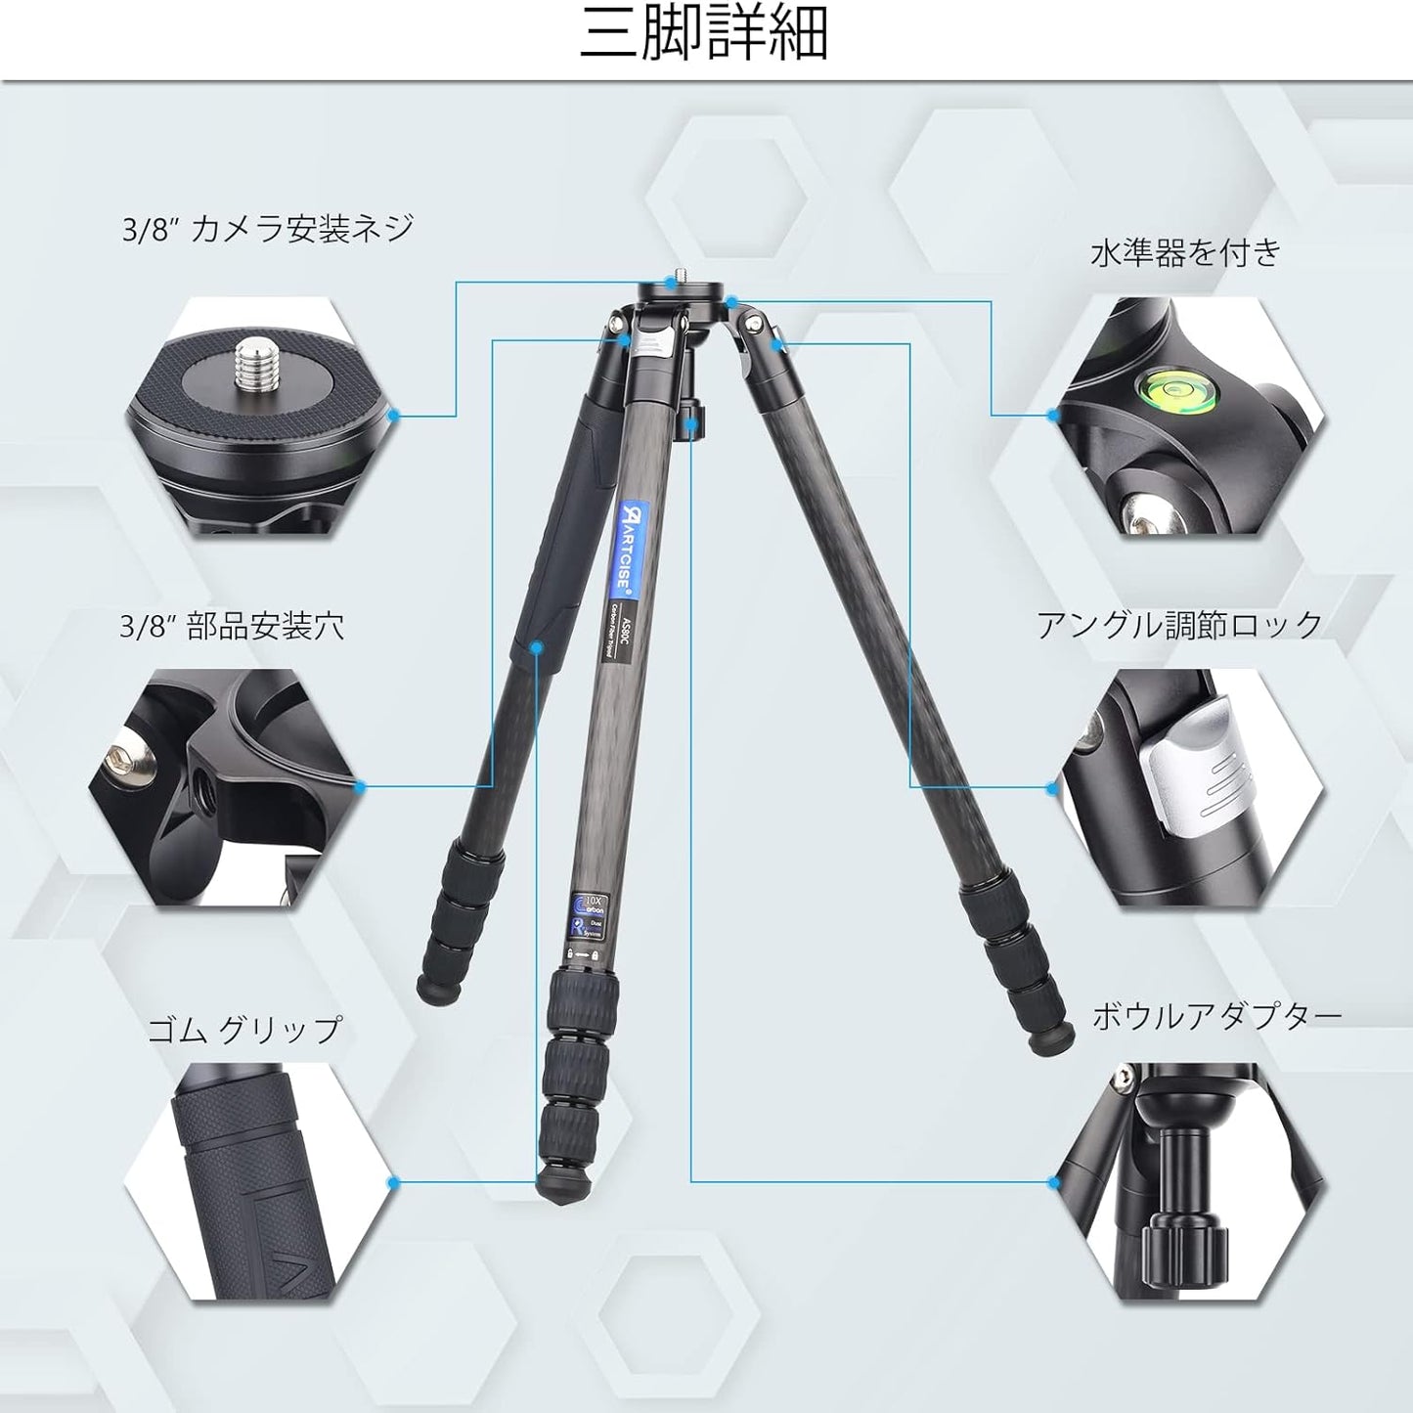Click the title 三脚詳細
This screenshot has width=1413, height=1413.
704,35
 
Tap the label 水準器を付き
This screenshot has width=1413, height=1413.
1185,253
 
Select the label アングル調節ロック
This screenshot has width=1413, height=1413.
1179,625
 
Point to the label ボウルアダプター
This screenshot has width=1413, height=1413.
1216,1017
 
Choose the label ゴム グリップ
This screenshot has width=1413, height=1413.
244,1030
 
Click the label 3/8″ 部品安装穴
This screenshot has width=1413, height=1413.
232,626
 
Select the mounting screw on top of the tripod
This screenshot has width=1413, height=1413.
681,281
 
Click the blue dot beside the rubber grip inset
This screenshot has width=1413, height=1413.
394,1182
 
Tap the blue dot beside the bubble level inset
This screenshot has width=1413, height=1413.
1053,416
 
